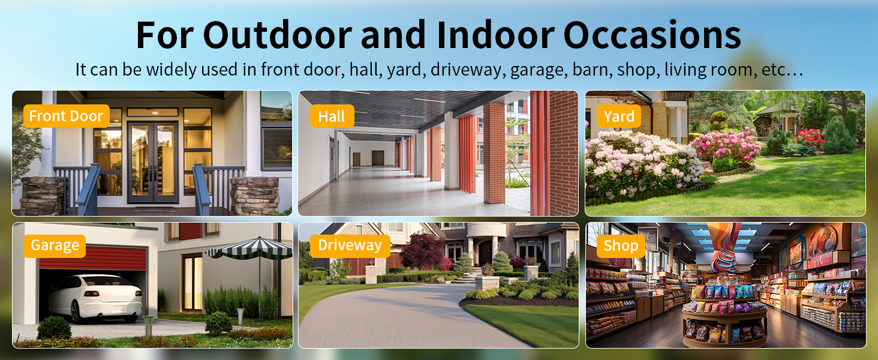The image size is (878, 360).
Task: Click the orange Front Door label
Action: pyautogui.click(x=66, y=116)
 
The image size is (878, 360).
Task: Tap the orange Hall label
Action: pyautogui.click(x=332, y=116)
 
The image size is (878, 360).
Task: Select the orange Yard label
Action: pyautogui.click(x=619, y=116)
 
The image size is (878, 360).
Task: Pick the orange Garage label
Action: pyautogui.click(x=55, y=246)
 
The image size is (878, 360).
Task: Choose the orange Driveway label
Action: pyautogui.click(x=350, y=246)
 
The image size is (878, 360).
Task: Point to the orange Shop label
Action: pyautogui.click(x=621, y=246)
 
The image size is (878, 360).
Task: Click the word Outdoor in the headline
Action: pyautogui.click(x=277, y=35)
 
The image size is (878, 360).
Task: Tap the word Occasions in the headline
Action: pyautogui.click(x=652, y=35)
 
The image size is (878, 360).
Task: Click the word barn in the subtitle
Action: pyautogui.click(x=591, y=70)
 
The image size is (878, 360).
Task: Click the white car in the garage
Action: pyautogui.click(x=95, y=298)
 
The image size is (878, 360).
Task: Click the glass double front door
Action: pyautogui.click(x=153, y=161)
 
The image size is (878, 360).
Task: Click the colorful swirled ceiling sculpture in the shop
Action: pyautogui.click(x=724, y=247)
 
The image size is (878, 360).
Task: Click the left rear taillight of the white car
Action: pyautogui.click(x=92, y=294)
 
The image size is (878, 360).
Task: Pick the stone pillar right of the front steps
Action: pyautogui.click(x=254, y=195)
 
